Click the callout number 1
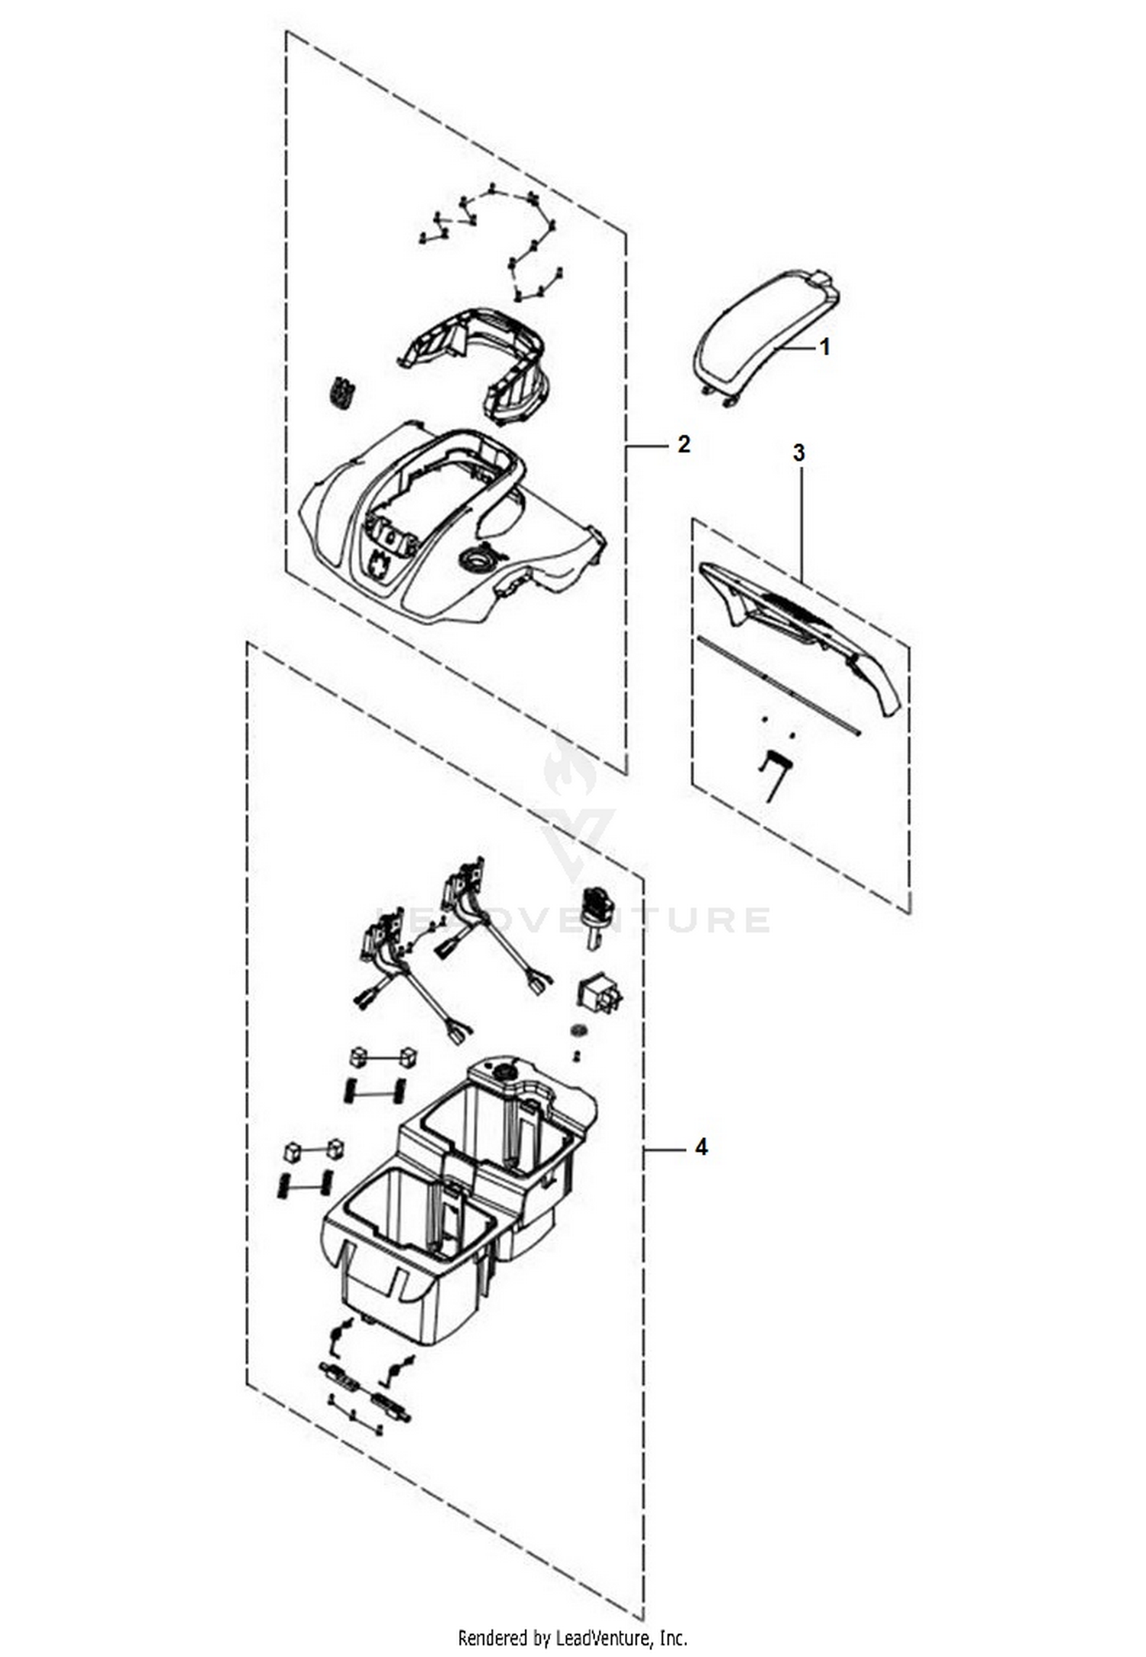[824, 347]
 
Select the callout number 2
[684, 444]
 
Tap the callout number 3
[798, 452]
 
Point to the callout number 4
[701, 1147]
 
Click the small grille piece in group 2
[343, 393]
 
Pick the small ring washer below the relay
[579, 1031]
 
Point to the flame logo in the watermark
[570, 767]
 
